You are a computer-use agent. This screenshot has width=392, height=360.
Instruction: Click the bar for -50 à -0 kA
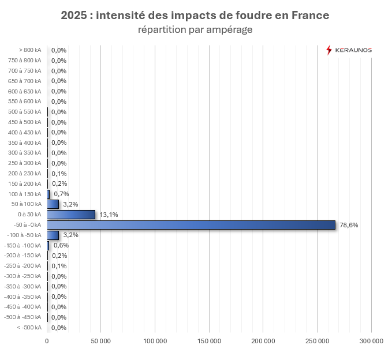pos(191,225)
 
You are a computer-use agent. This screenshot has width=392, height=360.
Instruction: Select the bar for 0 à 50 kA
pos(71,215)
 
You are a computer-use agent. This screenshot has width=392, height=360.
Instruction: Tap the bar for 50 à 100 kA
pos(53,204)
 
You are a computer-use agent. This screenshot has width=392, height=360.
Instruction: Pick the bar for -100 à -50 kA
pos(53,235)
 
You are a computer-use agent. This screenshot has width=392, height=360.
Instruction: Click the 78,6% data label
pos(349,225)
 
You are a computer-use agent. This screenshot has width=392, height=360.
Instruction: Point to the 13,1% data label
pos(109,215)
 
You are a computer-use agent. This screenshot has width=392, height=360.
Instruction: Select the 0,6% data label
pos(61,245)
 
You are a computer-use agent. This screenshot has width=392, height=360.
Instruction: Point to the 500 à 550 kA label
pos(25,112)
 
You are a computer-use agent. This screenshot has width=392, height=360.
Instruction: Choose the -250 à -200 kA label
pos(23,266)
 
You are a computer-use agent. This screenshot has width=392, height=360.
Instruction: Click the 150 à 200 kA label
pos(25,183)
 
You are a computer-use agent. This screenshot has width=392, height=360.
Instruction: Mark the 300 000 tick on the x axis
pos(371,341)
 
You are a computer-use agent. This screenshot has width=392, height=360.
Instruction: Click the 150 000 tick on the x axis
pos(209,341)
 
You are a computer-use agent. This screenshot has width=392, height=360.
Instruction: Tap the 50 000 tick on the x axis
pos(101,341)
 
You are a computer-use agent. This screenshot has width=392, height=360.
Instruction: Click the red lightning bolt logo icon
pos(329,50)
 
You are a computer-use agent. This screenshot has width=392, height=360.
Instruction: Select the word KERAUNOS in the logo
pos(354,50)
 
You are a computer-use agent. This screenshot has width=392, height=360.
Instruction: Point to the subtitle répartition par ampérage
pos(195,29)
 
